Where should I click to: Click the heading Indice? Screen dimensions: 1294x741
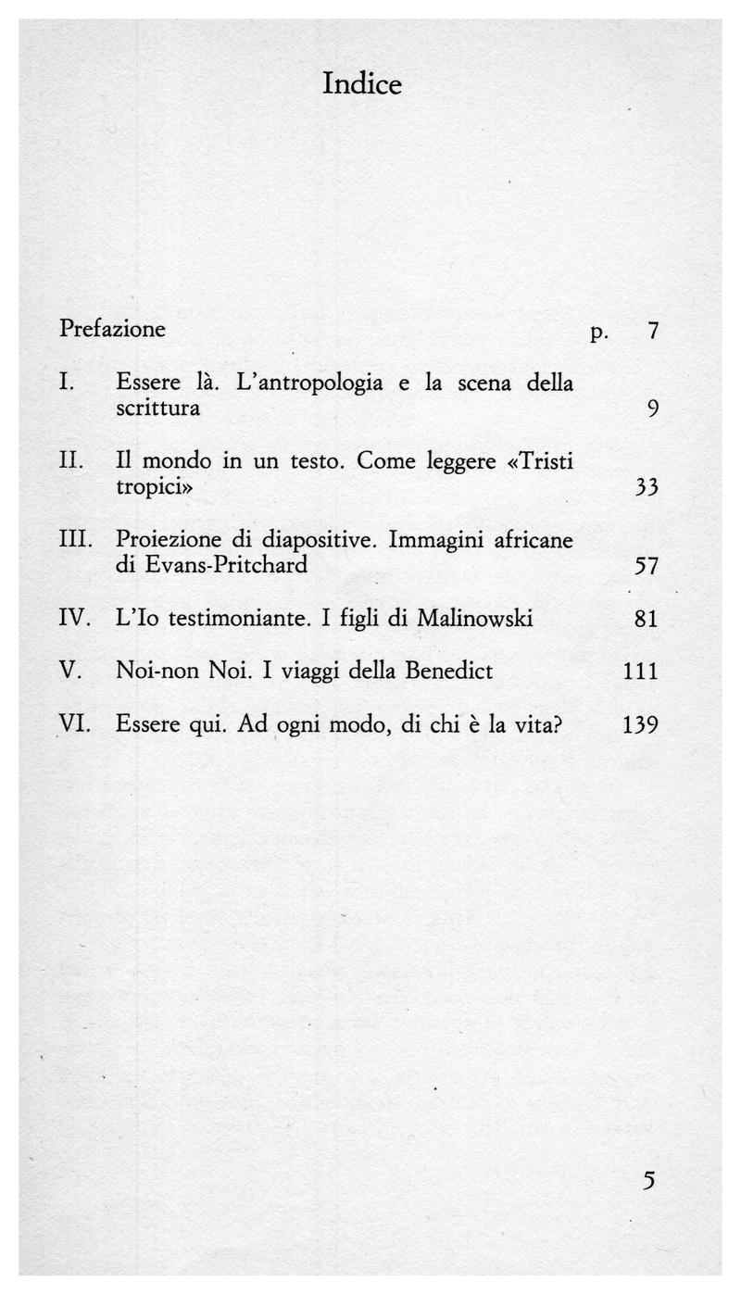(x=362, y=84)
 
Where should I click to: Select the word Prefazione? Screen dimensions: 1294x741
(x=112, y=329)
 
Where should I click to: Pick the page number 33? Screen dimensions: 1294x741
(x=647, y=487)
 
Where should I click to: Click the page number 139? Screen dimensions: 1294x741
(x=640, y=724)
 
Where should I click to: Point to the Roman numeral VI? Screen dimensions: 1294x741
(x=74, y=723)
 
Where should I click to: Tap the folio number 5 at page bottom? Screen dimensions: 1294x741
(x=648, y=1181)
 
